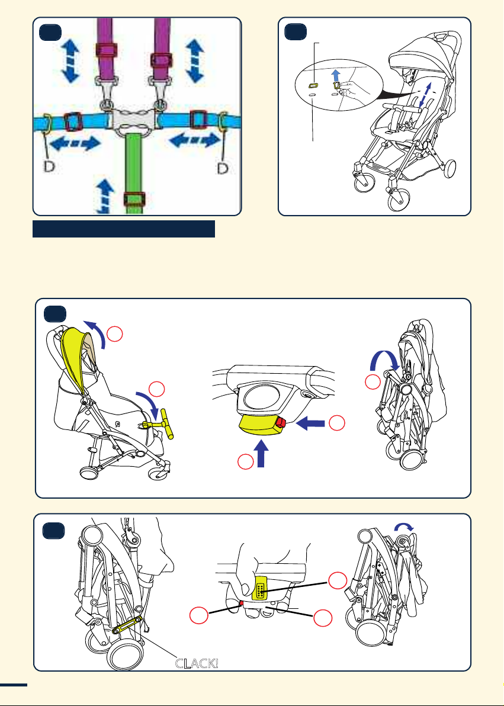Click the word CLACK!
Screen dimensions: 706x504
tap(197, 662)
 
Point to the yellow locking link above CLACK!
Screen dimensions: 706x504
tap(127, 622)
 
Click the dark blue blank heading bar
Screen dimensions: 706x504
tap(123, 229)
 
